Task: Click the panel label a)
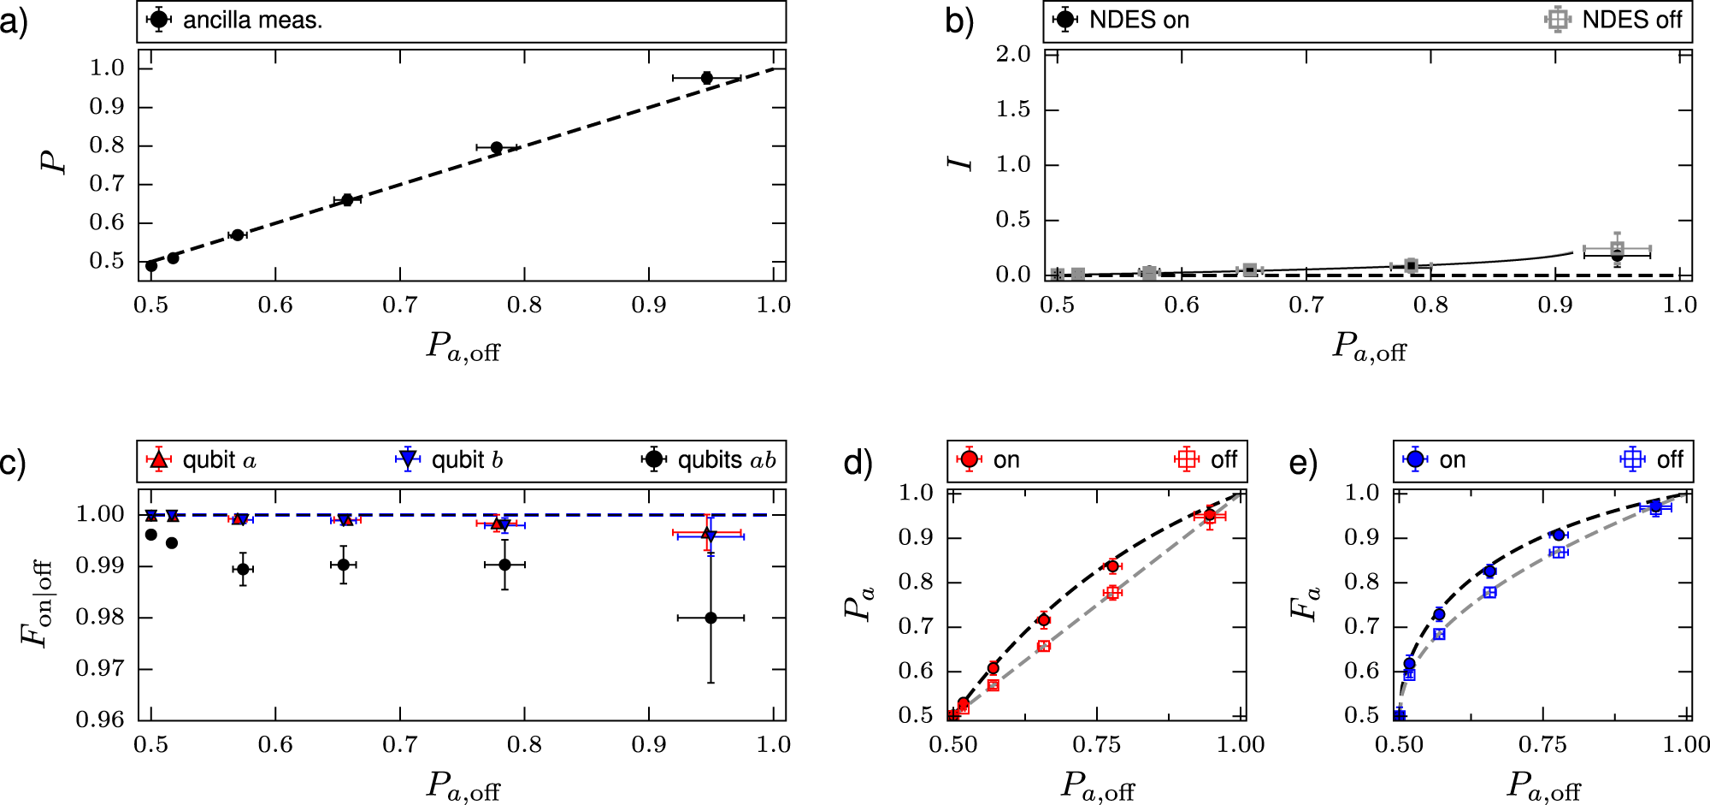point(15,21)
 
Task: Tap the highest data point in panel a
point(706,78)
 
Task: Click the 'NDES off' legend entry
point(1615,21)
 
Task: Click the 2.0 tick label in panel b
point(1013,55)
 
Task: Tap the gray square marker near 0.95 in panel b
point(1617,249)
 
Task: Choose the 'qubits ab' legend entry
point(711,460)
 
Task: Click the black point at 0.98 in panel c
point(711,618)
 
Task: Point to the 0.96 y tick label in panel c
point(101,719)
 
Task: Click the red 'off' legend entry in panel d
point(1207,460)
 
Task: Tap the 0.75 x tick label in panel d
point(1096,745)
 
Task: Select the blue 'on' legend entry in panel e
point(1436,460)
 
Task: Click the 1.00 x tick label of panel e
point(1685,745)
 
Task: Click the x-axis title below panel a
point(463,347)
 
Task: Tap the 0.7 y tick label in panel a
point(107,184)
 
